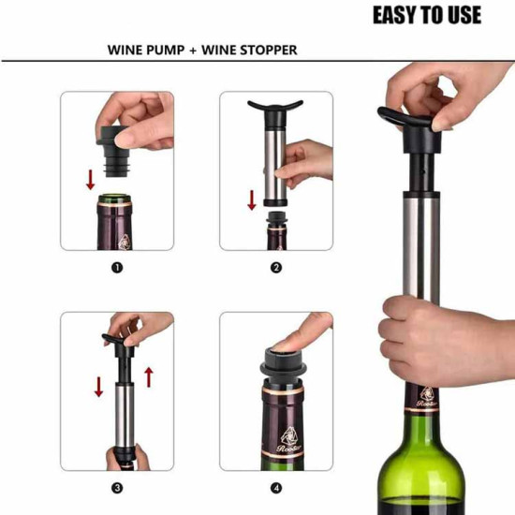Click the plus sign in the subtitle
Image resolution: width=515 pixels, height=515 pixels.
click(x=193, y=51)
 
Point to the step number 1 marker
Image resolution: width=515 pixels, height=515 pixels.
click(x=117, y=268)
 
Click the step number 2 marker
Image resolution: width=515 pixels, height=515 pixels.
click(x=276, y=268)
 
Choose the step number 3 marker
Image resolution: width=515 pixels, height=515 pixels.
click(x=117, y=488)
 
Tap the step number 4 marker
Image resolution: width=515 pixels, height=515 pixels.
click(x=276, y=488)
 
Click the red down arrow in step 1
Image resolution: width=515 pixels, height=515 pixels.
click(x=90, y=180)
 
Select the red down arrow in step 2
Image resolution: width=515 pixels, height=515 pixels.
click(x=252, y=200)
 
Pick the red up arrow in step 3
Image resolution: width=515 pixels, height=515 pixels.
click(x=149, y=377)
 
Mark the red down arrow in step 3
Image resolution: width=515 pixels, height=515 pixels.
click(x=98, y=387)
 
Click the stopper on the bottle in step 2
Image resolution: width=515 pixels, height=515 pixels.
click(x=276, y=220)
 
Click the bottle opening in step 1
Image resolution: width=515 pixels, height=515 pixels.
click(x=114, y=198)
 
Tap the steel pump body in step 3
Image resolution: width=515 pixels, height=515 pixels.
click(x=125, y=416)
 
